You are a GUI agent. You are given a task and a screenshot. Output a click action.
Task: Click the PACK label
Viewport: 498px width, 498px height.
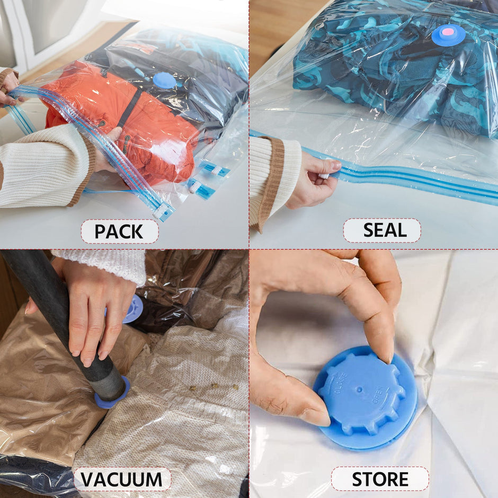tap(119, 232)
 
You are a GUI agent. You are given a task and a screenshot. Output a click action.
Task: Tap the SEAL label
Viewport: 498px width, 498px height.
tap(381, 230)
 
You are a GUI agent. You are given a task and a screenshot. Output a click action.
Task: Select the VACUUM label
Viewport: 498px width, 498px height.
tap(122, 479)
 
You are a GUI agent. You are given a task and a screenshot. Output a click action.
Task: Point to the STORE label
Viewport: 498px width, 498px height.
tap(380, 479)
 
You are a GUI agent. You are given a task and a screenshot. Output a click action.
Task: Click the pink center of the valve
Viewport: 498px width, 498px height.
tap(448, 33)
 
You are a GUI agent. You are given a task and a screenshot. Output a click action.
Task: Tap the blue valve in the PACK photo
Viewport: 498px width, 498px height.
tap(164, 80)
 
